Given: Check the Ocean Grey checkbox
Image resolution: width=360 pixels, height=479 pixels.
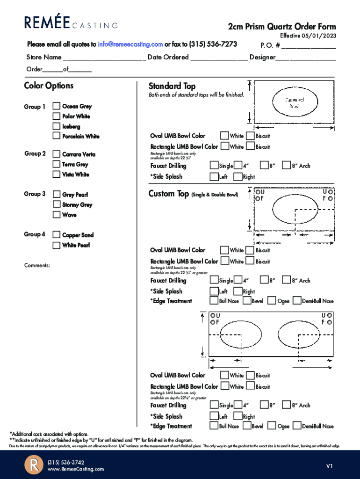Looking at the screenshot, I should [x=57, y=107].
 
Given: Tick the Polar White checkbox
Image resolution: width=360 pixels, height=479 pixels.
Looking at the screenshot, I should [x=57, y=116].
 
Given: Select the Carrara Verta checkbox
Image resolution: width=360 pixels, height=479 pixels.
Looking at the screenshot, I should [x=57, y=154].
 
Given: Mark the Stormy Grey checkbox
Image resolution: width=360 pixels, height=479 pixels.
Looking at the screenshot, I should [x=57, y=205].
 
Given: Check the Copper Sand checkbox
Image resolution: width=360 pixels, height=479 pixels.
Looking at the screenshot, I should [x=57, y=235].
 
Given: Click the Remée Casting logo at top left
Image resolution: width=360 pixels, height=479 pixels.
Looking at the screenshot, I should [x=71, y=22].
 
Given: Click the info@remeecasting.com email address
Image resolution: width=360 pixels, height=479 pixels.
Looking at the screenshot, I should [x=130, y=44].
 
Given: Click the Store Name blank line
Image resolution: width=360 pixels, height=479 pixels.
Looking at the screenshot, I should [x=104, y=58].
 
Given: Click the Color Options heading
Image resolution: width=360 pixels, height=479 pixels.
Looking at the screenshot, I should [x=49, y=86].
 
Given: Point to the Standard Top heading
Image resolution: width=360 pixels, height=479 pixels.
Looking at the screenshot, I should [x=172, y=86].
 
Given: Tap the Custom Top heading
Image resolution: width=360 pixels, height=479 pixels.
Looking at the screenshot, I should [x=169, y=194].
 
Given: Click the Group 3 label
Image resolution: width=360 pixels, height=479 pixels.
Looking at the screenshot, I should [x=35, y=194].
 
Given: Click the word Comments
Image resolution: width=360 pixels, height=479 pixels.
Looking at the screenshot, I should [x=37, y=266].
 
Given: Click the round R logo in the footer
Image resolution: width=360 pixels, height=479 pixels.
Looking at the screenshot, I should [x=34, y=465].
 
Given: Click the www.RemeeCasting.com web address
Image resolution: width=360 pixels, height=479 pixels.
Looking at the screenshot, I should [x=76, y=469].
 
